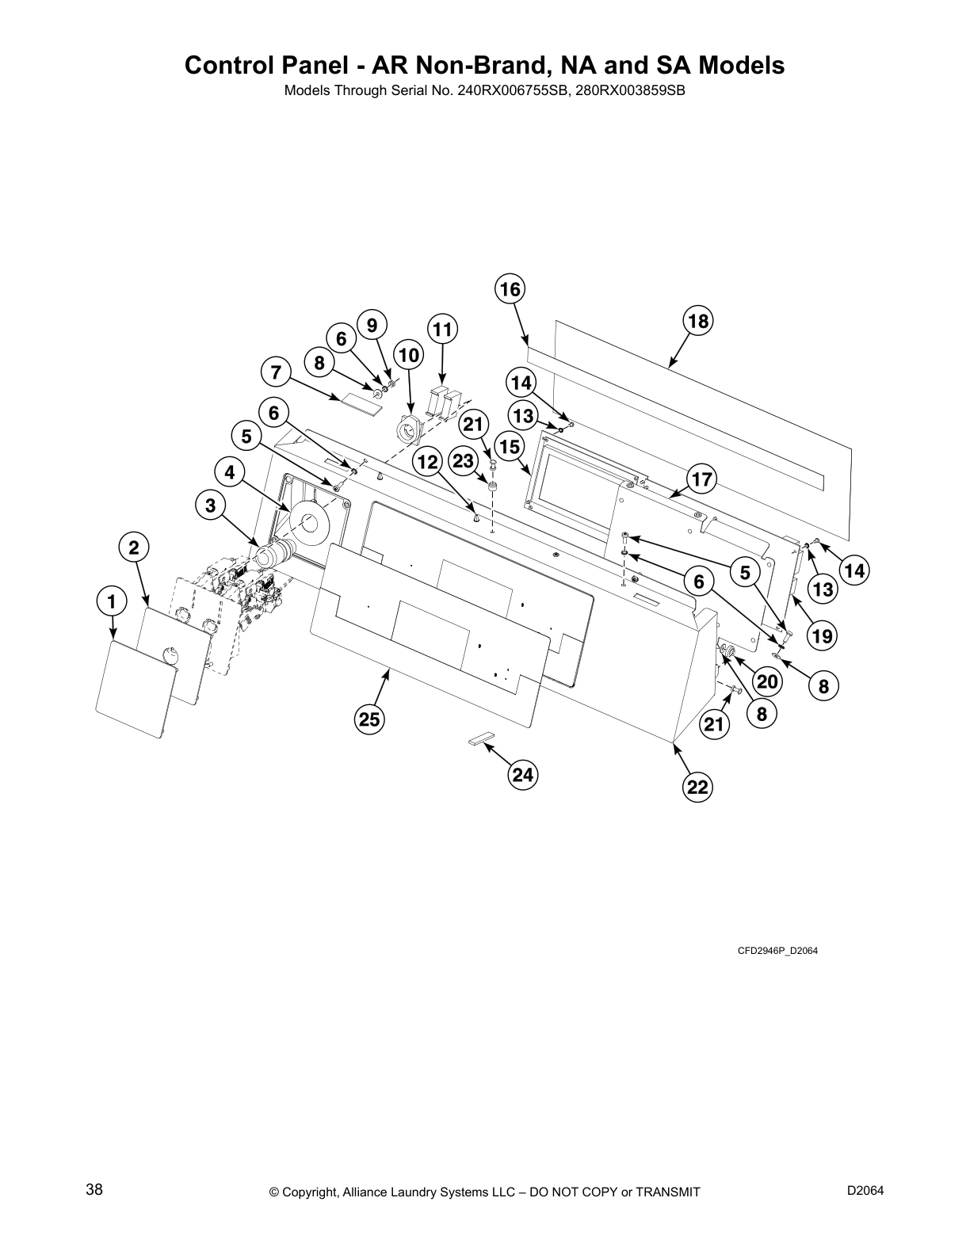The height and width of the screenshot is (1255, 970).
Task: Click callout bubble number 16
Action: tap(510, 289)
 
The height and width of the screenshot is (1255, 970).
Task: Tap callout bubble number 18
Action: tap(697, 321)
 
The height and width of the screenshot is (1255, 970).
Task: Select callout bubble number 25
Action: tap(369, 719)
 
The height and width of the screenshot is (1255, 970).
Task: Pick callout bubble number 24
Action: tap(522, 774)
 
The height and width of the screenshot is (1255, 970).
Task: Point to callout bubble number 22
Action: tap(697, 787)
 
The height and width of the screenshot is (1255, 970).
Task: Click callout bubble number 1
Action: tap(112, 601)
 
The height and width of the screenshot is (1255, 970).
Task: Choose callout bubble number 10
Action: tap(409, 355)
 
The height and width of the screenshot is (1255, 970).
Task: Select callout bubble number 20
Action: tap(767, 681)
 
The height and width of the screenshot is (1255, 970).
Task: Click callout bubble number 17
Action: tap(701, 479)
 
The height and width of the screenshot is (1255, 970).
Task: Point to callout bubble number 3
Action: tap(210, 505)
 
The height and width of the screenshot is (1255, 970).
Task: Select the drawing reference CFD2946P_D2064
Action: tap(777, 951)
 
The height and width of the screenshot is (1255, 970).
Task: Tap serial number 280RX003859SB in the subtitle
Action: tap(627, 90)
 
